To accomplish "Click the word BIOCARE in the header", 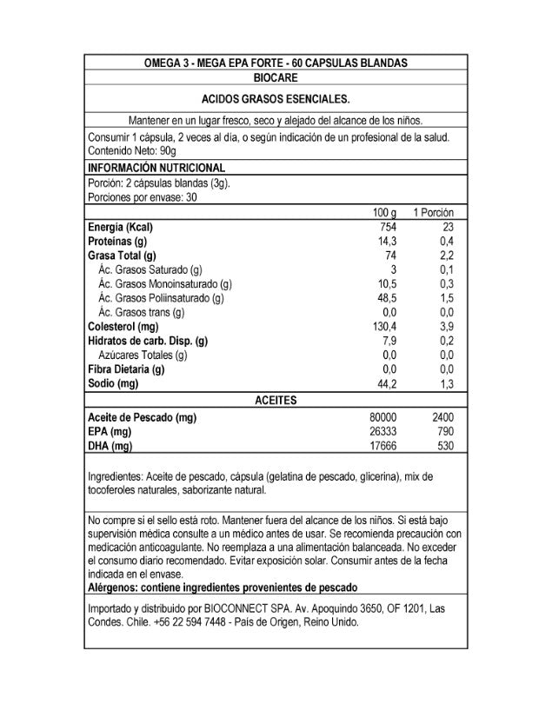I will pos(275,78).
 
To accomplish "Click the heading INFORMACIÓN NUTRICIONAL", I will pos(157,168).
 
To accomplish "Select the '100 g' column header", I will pos(383,213).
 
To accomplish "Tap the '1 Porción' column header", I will pos(434,213).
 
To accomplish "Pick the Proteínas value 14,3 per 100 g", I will pos(387,241).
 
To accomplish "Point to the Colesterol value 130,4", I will pos(383,326).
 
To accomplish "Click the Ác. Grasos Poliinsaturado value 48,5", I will pos(385,298).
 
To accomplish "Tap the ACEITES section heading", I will pos(276,400).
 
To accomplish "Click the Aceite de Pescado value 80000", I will pos(382,417).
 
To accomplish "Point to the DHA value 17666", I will pos(382,446).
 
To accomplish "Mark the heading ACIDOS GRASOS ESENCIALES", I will pos(276,99).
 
